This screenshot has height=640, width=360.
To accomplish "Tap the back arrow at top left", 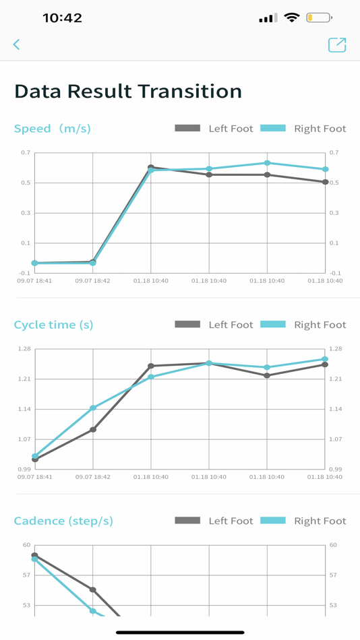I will [16, 44].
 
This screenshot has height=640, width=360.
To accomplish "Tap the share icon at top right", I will [336, 44].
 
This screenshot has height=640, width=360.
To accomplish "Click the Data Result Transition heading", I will [128, 92].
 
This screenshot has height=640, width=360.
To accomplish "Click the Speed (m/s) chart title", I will [52, 129].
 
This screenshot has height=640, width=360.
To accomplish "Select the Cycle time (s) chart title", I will [53, 325].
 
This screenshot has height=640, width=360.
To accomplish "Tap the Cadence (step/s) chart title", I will [63, 521].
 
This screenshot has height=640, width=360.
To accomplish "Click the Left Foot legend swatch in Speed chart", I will [187, 128].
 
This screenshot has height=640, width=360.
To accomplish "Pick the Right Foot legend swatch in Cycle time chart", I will [273, 324].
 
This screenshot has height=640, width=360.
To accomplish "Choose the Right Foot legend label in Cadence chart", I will [320, 521].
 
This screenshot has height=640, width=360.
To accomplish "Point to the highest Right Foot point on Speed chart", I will [267, 163].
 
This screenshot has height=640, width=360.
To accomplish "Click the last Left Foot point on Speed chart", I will [325, 182].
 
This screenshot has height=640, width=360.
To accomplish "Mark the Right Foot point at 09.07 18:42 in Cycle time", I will [93, 408].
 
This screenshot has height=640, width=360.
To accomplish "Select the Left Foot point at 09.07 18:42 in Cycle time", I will [93, 429].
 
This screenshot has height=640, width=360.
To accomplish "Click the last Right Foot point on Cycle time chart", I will [325, 359].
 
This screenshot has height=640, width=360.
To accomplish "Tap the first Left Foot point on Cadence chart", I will [34, 555].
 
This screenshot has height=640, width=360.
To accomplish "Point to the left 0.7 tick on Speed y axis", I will [25, 153].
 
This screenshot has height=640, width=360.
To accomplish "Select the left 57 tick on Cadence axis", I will [26, 575].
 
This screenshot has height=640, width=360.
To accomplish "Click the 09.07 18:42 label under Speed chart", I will [93, 281].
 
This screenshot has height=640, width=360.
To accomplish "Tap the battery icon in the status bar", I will [319, 18].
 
